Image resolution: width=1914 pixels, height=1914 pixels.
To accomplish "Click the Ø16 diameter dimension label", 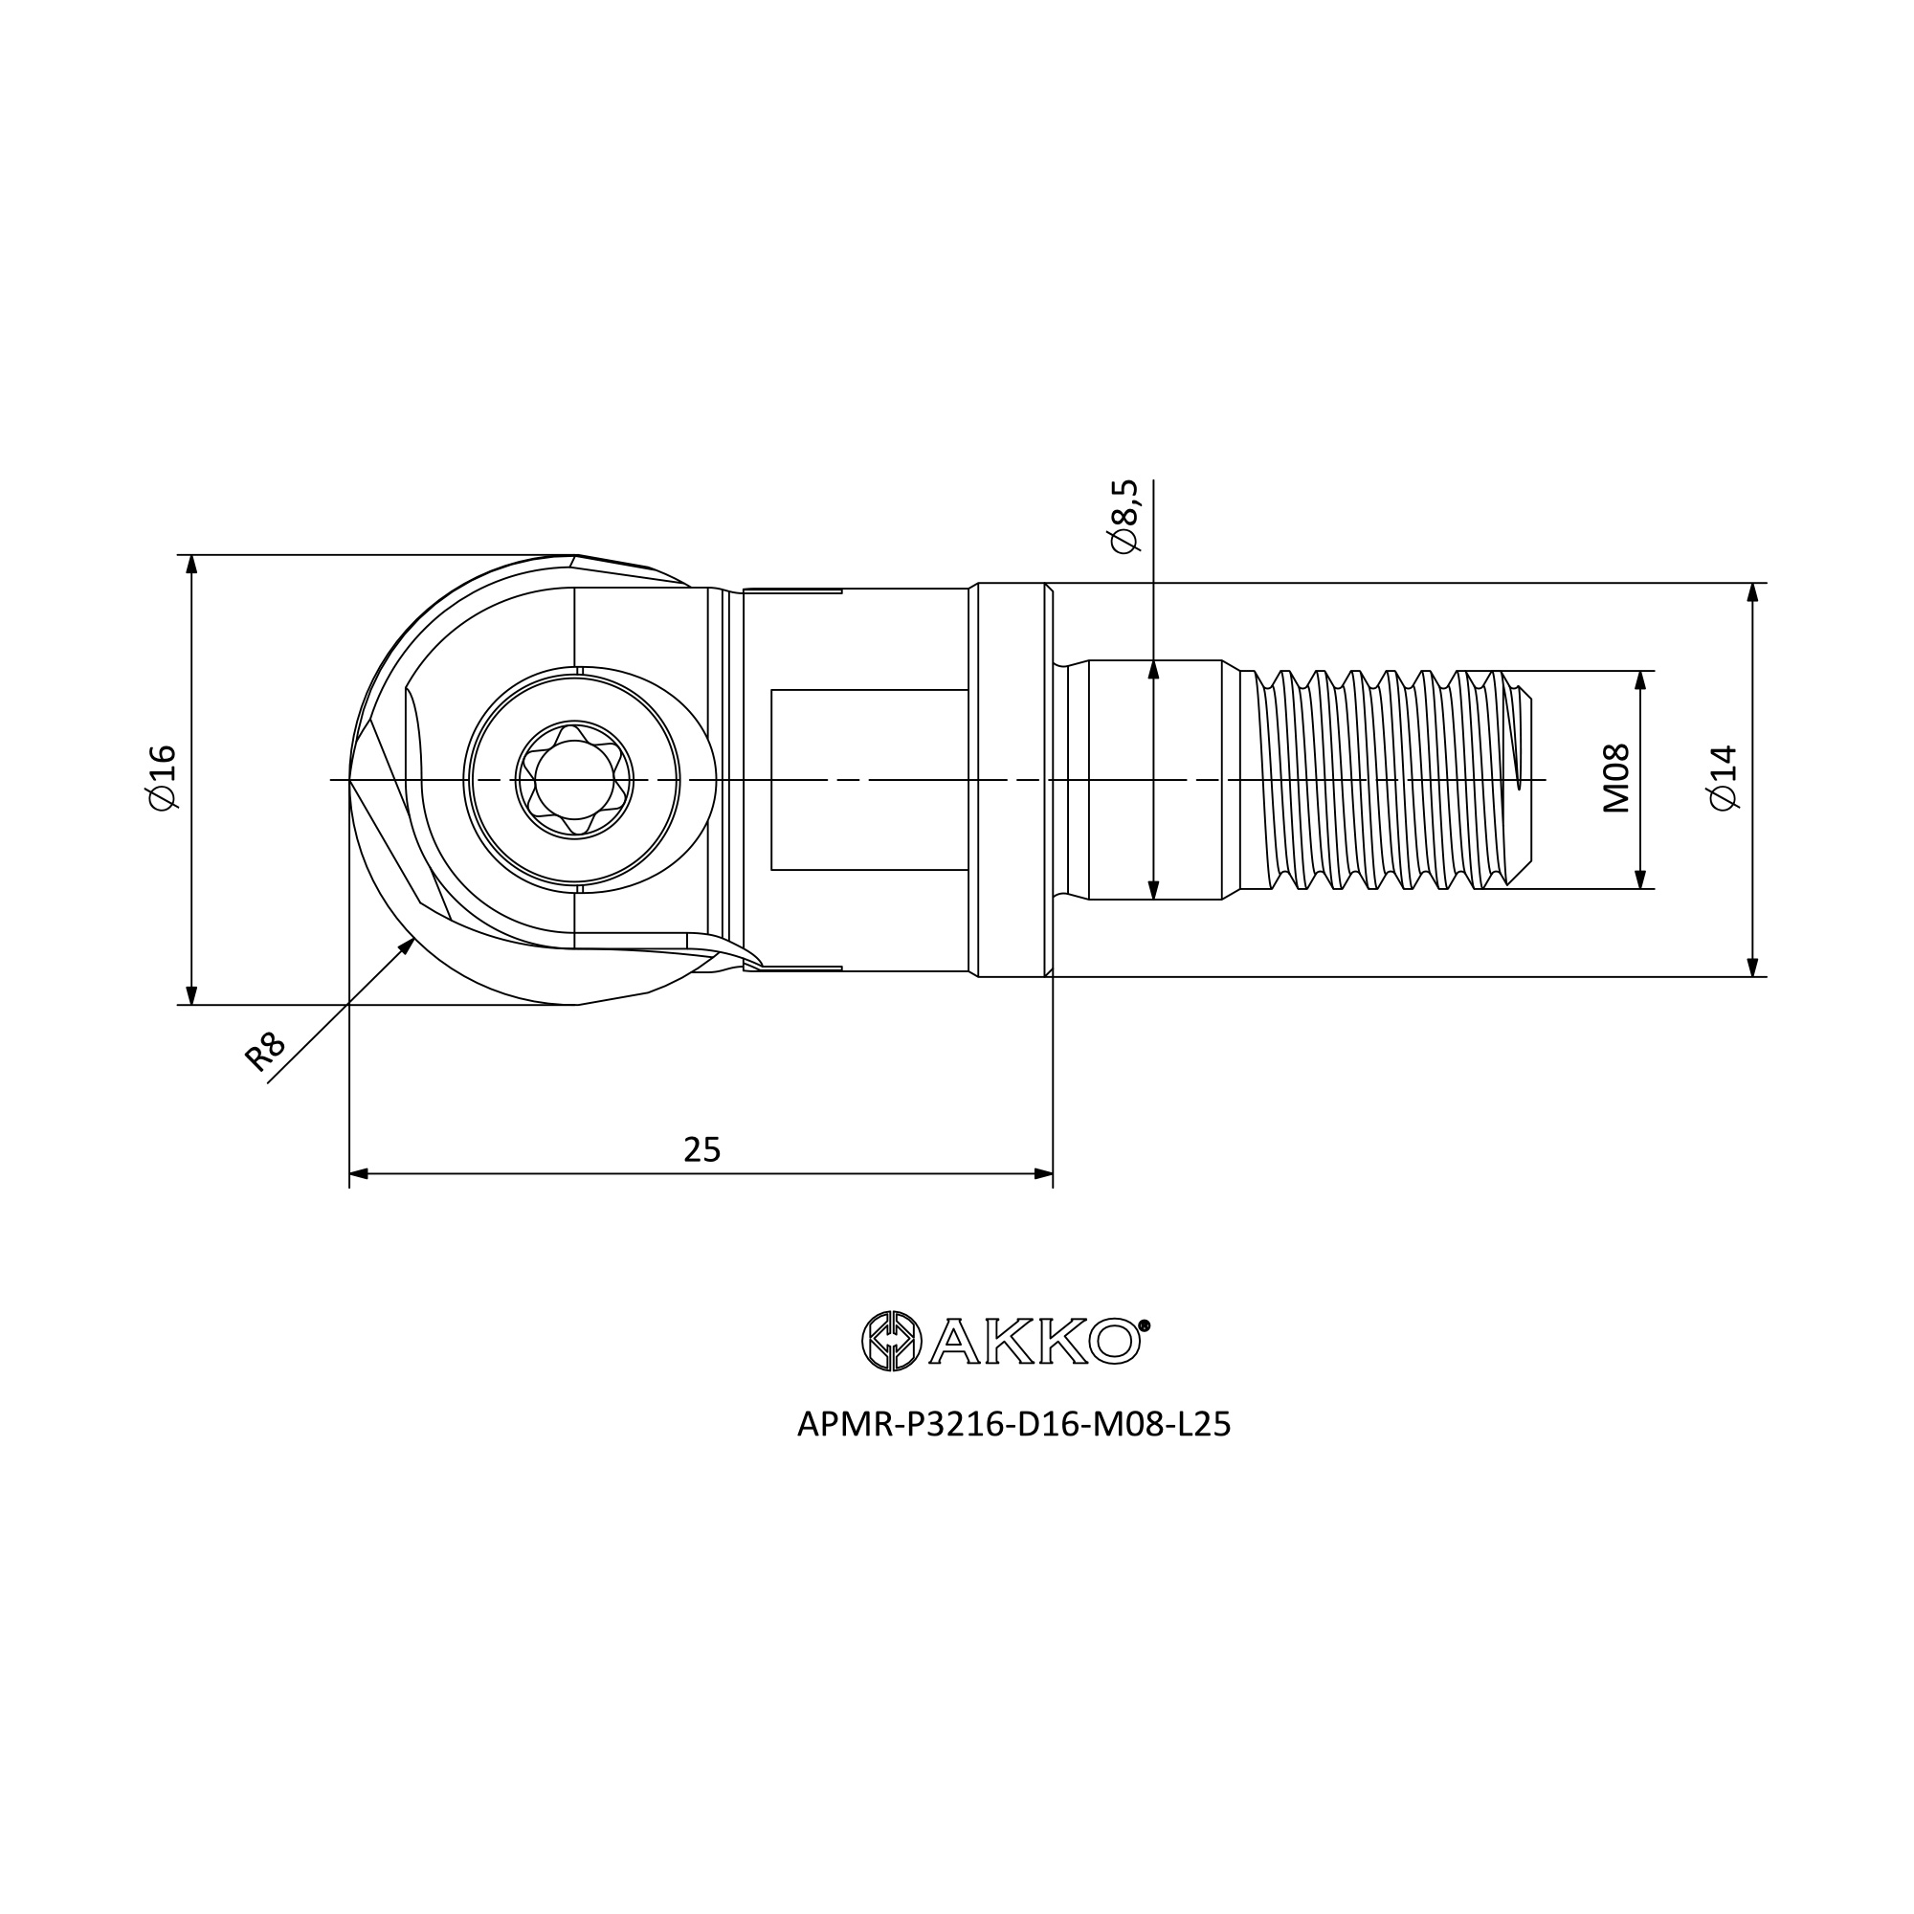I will [162, 779].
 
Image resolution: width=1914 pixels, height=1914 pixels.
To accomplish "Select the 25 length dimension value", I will [701, 1150].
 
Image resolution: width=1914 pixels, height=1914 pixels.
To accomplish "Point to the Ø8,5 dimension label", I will [1125, 517].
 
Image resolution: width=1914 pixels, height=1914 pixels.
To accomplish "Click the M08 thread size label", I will [1615, 779].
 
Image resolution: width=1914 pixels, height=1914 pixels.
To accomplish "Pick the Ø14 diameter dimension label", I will [1724, 779].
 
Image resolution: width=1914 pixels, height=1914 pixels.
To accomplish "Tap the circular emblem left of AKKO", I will [892, 1342].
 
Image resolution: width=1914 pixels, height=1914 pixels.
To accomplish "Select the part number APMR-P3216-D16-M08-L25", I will [1013, 1425].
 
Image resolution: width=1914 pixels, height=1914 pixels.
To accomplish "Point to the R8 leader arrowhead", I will [407, 945].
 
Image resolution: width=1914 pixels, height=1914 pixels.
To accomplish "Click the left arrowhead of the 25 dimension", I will [359, 1174].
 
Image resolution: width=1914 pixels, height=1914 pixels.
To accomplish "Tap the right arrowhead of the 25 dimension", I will [1043, 1174].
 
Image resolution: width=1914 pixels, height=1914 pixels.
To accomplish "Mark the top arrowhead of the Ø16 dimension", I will [192, 564].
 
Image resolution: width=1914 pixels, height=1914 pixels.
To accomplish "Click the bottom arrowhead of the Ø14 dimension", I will [1752, 968].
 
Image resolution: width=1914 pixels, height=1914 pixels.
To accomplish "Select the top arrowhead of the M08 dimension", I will [1639, 680].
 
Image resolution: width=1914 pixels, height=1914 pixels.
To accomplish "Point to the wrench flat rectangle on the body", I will [869, 780].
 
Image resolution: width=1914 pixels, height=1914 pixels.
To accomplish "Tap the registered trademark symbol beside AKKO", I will [1145, 1325].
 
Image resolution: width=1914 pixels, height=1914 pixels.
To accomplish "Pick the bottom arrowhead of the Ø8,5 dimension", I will [1153, 890].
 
